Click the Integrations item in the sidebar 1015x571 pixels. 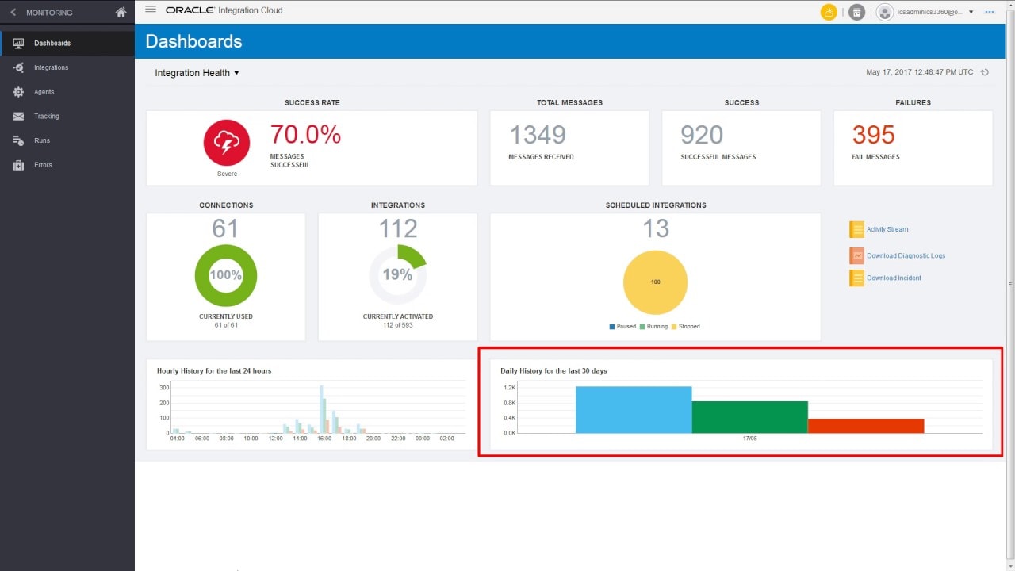[x=51, y=67]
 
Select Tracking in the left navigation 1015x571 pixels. [x=46, y=117]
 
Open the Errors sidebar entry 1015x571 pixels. [x=43, y=165]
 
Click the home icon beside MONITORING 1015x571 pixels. [x=121, y=13]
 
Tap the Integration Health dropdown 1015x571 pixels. [x=197, y=73]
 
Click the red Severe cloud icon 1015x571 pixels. [x=227, y=143]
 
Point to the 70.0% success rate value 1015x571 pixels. [x=305, y=135]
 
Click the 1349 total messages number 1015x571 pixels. [x=537, y=135]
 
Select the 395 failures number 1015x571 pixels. [x=873, y=135]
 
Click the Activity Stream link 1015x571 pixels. [x=887, y=229]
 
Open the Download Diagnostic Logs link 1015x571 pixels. [x=906, y=256]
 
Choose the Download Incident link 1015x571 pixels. [x=894, y=278]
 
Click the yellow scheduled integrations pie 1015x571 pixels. [x=655, y=282]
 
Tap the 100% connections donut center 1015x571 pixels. [x=226, y=275]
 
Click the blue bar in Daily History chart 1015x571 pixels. [x=633, y=410]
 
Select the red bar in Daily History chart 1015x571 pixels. [x=865, y=426]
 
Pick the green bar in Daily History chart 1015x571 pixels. [x=749, y=417]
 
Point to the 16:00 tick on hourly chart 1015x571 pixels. [x=324, y=439]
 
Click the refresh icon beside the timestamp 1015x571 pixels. [x=985, y=73]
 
